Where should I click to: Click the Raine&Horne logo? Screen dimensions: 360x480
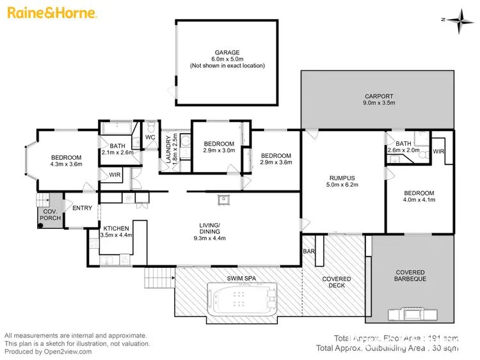coord(51,13)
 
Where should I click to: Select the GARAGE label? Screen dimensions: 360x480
coord(227,52)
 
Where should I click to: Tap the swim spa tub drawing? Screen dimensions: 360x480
coord(242,299)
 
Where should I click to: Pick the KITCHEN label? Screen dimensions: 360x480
coord(116,228)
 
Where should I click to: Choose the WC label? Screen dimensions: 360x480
coord(150,137)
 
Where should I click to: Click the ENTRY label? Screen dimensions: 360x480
coord(82,208)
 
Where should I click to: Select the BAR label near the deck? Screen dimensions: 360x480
coord(308,252)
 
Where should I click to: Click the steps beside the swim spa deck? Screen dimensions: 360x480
coord(159,278)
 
